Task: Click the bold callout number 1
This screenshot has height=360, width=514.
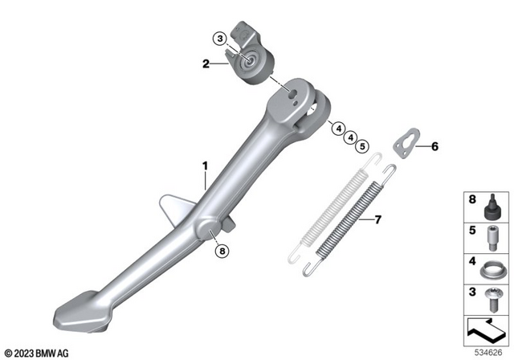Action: pos(205,166)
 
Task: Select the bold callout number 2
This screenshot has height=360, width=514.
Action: pos(206,63)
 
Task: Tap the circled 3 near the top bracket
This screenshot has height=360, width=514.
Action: pos(219,38)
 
